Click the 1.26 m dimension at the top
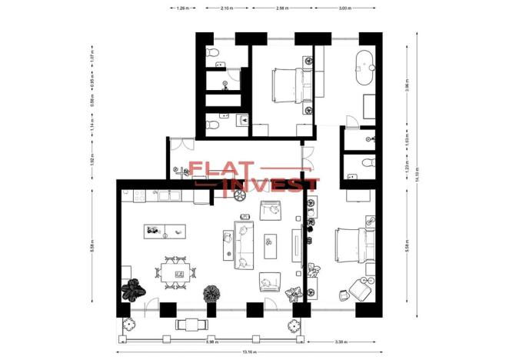(x=183, y=8)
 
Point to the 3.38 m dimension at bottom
(x=344, y=341)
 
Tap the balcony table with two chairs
(x=189, y=325)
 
